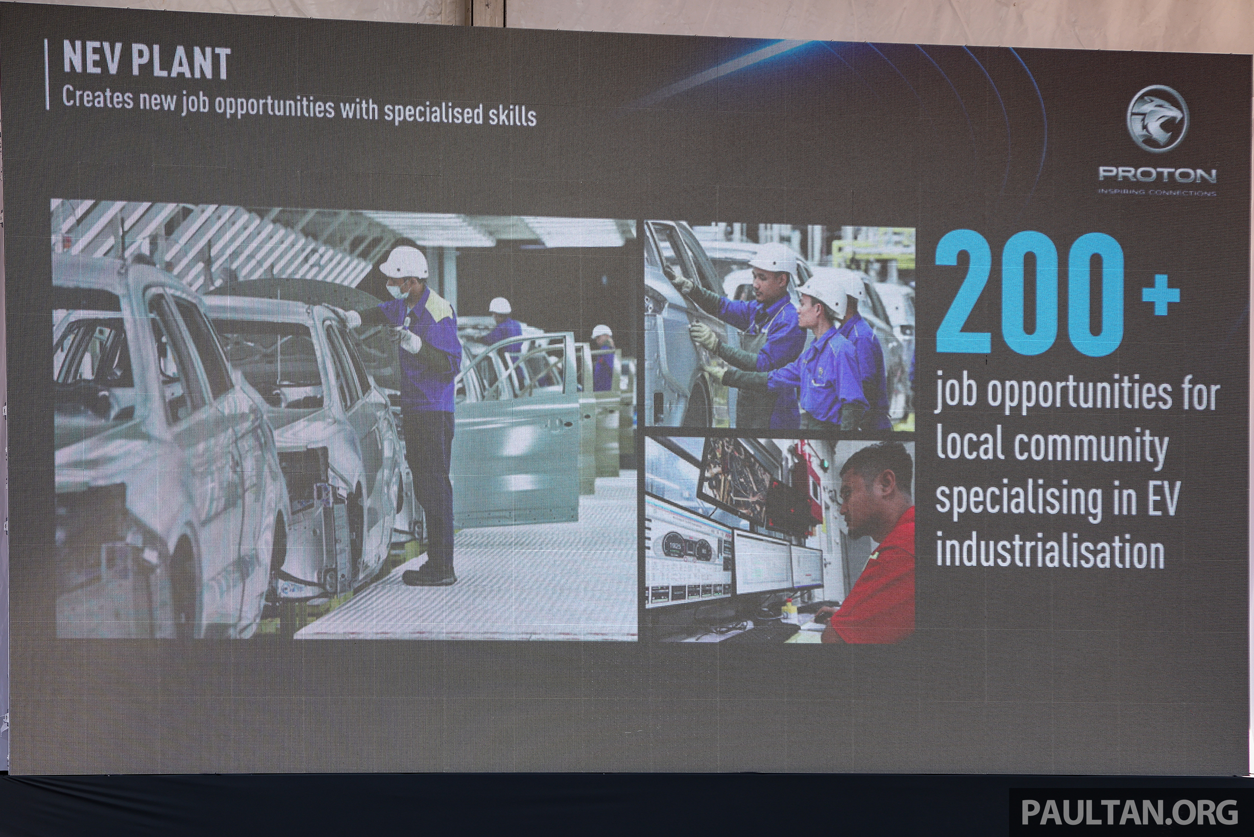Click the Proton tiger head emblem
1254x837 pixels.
pos(1158,119)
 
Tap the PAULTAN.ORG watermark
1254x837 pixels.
pos(1130,812)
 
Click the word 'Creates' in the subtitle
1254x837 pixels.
pos(97,98)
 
